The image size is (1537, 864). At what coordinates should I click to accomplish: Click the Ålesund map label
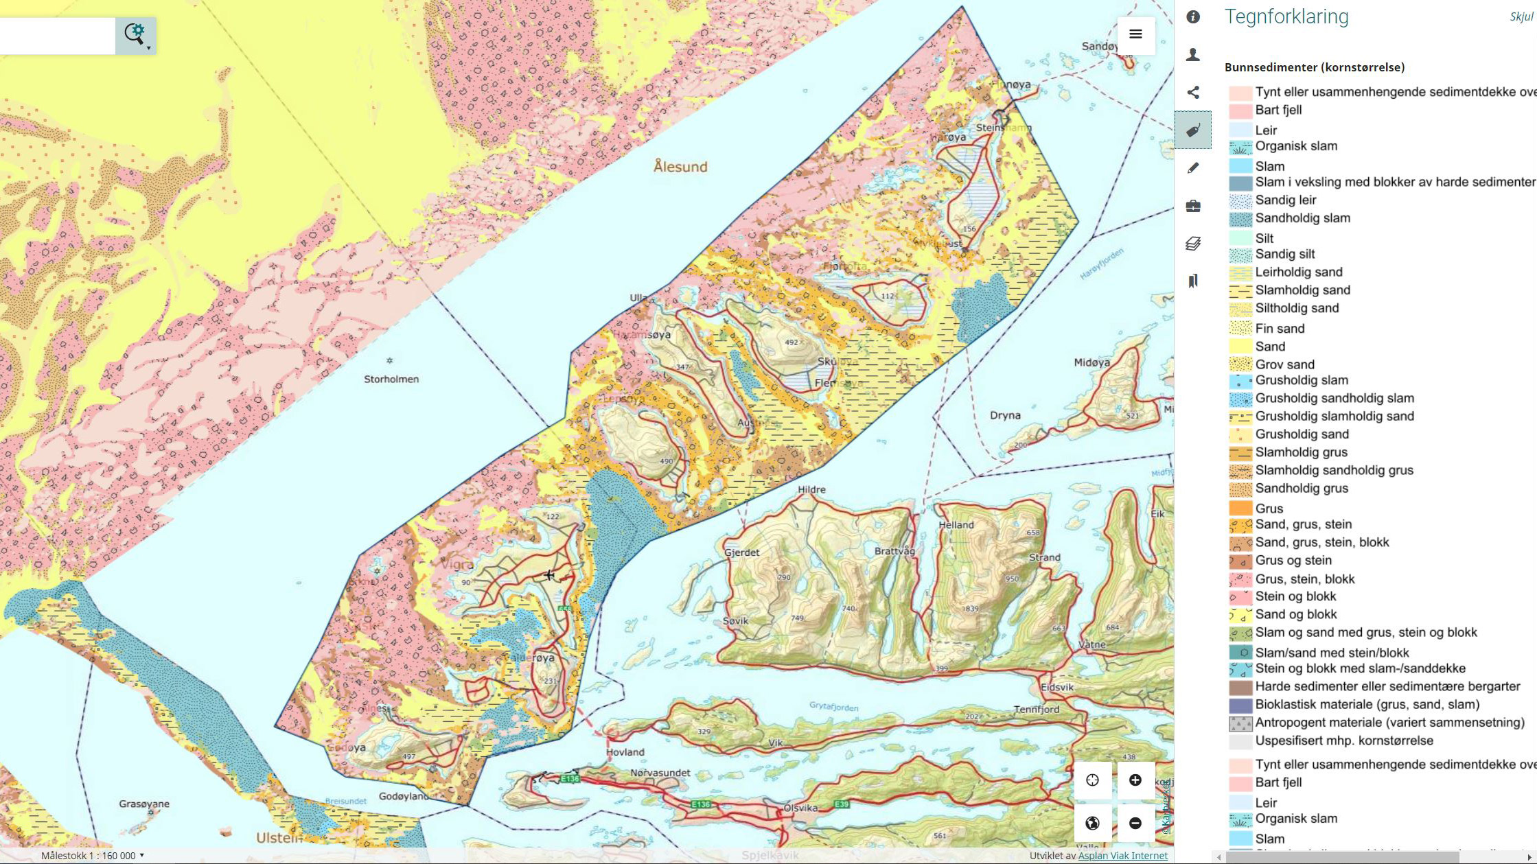[x=680, y=167]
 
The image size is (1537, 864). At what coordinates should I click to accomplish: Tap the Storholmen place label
[x=391, y=379]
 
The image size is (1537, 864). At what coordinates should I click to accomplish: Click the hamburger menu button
[x=1135, y=34]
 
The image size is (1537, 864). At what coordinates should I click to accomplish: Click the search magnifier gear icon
[x=136, y=34]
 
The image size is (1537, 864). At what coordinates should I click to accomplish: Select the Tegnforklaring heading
[x=1286, y=16]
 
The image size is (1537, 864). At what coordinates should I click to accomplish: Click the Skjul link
[x=1521, y=16]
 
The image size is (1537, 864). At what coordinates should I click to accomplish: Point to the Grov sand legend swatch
[x=1240, y=364]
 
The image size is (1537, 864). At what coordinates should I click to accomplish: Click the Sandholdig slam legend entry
[x=1302, y=218]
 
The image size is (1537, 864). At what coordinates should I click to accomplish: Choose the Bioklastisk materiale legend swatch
[x=1240, y=705]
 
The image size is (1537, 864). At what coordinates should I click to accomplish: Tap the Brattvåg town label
[x=894, y=551]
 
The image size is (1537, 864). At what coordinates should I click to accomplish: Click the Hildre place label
[x=811, y=490]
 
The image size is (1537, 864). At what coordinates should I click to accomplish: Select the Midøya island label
[x=1091, y=362]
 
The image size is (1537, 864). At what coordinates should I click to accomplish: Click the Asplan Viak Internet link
[x=1122, y=856]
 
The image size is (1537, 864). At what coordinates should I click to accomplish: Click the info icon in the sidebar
[x=1193, y=17]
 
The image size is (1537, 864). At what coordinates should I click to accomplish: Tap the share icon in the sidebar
[x=1193, y=93]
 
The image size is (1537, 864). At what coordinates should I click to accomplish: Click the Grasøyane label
[x=144, y=804]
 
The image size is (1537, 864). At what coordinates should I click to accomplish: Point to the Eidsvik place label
[x=1056, y=687]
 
